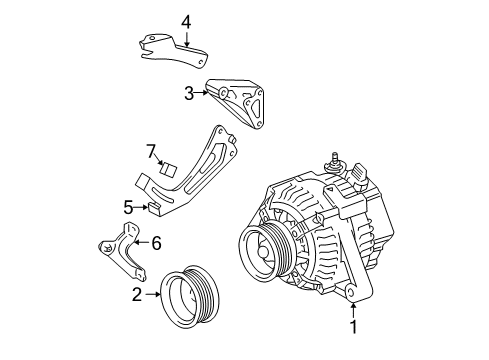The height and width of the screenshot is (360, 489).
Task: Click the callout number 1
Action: [353, 325]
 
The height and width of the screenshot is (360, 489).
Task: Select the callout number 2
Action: [137, 294]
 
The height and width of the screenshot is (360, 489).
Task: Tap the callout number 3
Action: [187, 94]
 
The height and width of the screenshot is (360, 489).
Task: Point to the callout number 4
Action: [185, 21]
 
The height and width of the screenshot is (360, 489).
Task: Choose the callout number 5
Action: [128, 207]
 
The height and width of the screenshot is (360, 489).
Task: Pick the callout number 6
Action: [155, 241]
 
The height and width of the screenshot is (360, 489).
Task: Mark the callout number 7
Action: [151, 151]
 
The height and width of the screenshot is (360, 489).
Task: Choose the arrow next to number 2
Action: [152, 294]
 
